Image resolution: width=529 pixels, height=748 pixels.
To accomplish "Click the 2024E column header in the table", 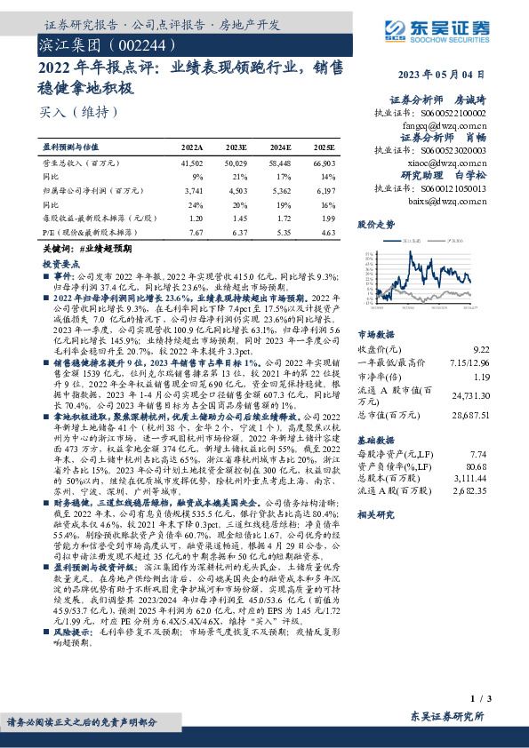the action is [280, 146].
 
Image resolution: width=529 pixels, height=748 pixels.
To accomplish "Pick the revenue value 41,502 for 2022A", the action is [192, 164].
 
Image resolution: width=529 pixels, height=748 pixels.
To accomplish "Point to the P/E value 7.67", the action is [195, 231].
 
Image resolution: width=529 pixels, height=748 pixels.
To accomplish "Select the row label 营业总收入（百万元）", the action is [81, 164].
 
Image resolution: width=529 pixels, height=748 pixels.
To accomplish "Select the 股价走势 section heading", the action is [376, 226].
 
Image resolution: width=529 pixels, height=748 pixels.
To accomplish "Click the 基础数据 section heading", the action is [376, 439].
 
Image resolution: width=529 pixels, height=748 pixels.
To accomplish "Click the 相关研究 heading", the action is [376, 514].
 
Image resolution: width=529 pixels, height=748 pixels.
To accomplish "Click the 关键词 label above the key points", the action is [56, 251].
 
